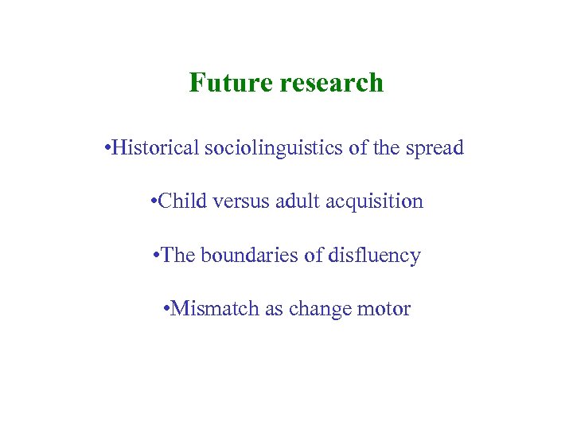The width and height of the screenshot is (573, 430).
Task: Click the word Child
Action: click(x=180, y=201)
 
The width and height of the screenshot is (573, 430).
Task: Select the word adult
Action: click(x=295, y=201)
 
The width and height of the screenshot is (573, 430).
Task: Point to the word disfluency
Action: click(x=373, y=256)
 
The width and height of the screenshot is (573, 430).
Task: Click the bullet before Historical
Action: click(x=107, y=148)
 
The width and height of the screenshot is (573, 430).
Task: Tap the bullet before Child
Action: click(x=153, y=201)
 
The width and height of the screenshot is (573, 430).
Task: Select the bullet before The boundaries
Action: click(x=156, y=256)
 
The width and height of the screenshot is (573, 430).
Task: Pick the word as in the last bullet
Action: click(x=274, y=309)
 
